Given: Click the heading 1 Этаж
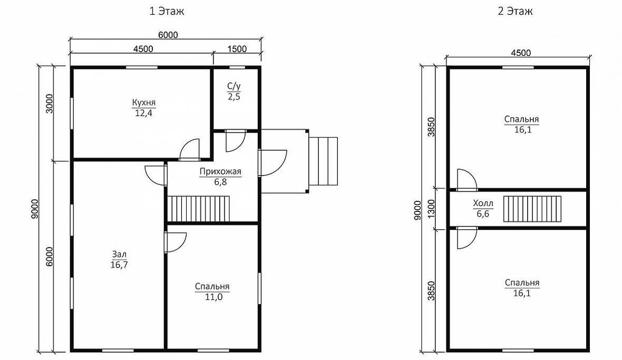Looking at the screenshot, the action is [167, 11].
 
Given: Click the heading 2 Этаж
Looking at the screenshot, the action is [516, 11].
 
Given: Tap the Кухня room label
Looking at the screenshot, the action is [143, 103].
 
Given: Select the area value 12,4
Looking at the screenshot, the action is [143, 113].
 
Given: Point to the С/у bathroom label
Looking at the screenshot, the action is [234, 86].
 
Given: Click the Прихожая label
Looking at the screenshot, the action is [220, 172].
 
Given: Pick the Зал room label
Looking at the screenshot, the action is [119, 254].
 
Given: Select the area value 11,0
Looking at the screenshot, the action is [213, 297].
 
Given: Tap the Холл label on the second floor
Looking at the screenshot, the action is [483, 204].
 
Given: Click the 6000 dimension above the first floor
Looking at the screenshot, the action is [168, 35].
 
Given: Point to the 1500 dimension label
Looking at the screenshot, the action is [237, 49].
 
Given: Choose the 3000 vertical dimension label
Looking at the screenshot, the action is [49, 104].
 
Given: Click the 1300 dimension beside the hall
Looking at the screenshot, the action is [432, 209].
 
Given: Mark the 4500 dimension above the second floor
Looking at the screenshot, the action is [521, 53].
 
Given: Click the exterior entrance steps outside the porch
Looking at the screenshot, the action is [323, 161].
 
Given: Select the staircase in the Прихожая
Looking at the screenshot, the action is [199, 209].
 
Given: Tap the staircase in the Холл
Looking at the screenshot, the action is [533, 209].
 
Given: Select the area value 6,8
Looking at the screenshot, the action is [220, 182].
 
